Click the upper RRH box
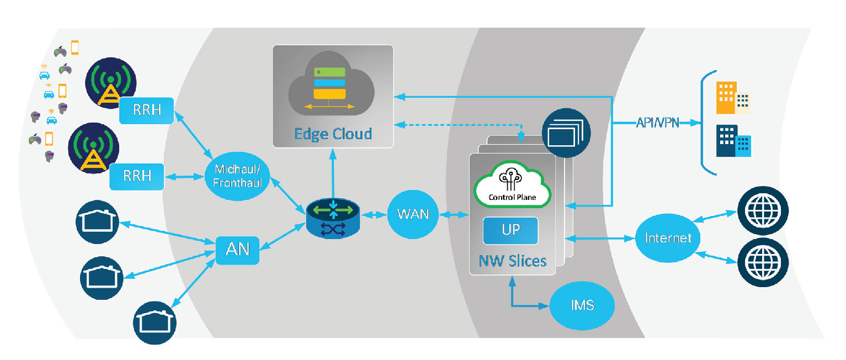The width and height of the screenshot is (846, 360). point(147,110)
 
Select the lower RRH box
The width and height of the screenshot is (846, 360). point(137,177)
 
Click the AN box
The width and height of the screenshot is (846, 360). point(237,250)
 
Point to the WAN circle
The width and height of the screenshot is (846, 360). point(413,214)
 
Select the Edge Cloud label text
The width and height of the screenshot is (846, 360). point(333,134)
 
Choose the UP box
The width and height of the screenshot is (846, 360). point(510,230)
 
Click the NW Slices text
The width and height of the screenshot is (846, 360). point(512,260)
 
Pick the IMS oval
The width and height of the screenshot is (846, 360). point(582,305)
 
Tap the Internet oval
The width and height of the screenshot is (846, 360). point(668,239)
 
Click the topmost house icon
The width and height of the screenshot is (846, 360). point(97,222)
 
